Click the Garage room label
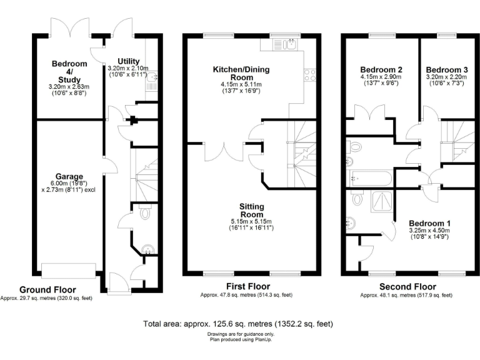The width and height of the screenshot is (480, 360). click(x=68, y=177)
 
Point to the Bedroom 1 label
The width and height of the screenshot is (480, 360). click(x=429, y=223)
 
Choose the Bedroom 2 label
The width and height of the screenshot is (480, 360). click(x=381, y=69)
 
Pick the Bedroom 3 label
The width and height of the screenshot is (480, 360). click(x=446, y=69)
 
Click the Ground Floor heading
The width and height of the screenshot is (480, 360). click(x=47, y=290)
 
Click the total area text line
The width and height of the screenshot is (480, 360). click(x=238, y=324)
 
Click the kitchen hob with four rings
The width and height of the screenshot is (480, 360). click(x=309, y=75)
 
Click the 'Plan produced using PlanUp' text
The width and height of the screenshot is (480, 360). click(x=240, y=339)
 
